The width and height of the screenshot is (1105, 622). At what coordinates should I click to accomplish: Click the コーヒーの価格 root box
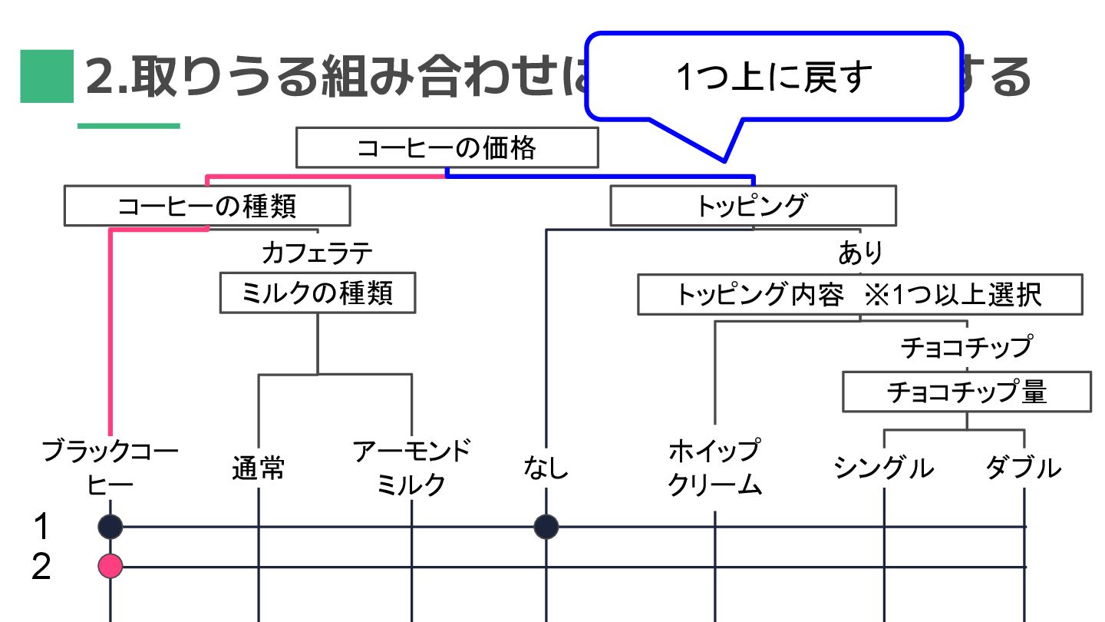[447, 147]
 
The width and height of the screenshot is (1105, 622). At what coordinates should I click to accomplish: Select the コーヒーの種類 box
[207, 206]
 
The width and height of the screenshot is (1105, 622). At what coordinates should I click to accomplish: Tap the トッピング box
[752, 206]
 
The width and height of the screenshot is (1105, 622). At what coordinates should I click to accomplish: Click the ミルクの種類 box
[317, 293]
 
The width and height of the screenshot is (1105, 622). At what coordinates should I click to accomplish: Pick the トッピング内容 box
[859, 295]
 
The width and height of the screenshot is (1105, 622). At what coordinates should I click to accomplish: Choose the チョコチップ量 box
[966, 392]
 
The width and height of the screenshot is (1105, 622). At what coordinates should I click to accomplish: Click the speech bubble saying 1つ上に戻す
[773, 77]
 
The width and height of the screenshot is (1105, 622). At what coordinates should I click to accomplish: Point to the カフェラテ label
[317, 252]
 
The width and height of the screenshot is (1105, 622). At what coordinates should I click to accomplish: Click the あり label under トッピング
[860, 253]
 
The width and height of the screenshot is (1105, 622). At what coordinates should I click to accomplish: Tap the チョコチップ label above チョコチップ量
[966, 347]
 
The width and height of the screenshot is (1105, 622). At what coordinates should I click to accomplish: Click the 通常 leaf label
[258, 468]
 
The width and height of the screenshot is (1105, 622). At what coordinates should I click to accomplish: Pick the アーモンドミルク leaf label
[411, 468]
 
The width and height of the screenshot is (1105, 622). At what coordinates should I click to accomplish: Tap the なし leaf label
[546, 468]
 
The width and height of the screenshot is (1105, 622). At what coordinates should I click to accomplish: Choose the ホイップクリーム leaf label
[714, 468]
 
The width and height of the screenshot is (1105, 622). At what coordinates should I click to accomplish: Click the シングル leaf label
[884, 468]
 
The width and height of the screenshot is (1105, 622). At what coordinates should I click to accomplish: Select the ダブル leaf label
[1024, 468]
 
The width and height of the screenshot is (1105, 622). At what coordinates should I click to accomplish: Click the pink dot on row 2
[110, 567]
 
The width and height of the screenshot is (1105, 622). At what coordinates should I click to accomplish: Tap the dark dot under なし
[546, 527]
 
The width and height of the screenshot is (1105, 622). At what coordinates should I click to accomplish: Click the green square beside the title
[46, 76]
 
